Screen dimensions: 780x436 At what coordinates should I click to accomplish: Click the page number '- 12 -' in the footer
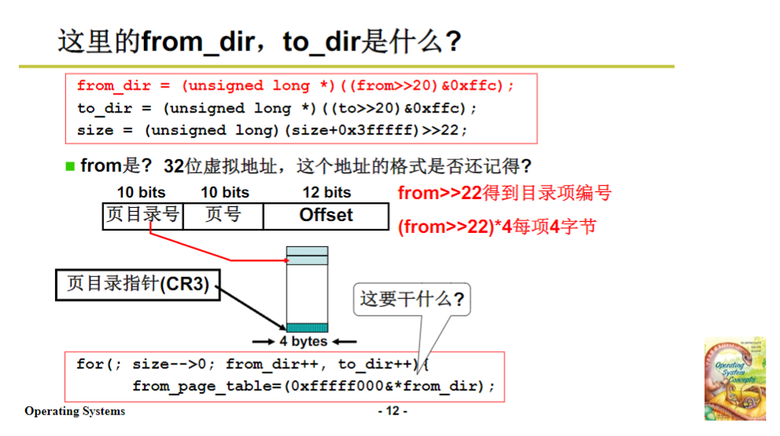coord(393,411)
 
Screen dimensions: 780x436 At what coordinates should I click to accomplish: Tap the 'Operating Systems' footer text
coord(75,411)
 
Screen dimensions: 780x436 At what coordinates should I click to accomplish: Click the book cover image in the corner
coord(734,379)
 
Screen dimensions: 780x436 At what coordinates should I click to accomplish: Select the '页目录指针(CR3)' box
coord(138,284)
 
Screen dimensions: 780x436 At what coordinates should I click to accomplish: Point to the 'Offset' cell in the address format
coord(326,216)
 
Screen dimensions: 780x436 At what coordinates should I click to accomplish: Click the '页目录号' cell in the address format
coord(142,216)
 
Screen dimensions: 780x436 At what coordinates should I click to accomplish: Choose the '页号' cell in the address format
coord(223,216)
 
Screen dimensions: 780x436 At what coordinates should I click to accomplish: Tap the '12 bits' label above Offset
coord(327,192)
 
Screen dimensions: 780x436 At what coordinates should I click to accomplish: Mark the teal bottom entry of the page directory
coord(307,327)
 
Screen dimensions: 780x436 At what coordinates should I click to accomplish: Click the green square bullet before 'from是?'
coord(70,166)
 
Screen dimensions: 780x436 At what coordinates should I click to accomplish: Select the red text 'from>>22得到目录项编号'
coord(505,193)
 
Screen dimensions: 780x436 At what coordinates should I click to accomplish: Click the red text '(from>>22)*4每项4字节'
coord(497,227)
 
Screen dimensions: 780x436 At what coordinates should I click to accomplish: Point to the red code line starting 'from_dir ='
coord(295,86)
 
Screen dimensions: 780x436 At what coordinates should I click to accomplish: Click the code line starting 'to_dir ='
coord(277,108)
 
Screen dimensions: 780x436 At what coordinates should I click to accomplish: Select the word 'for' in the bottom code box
coord(89,364)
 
